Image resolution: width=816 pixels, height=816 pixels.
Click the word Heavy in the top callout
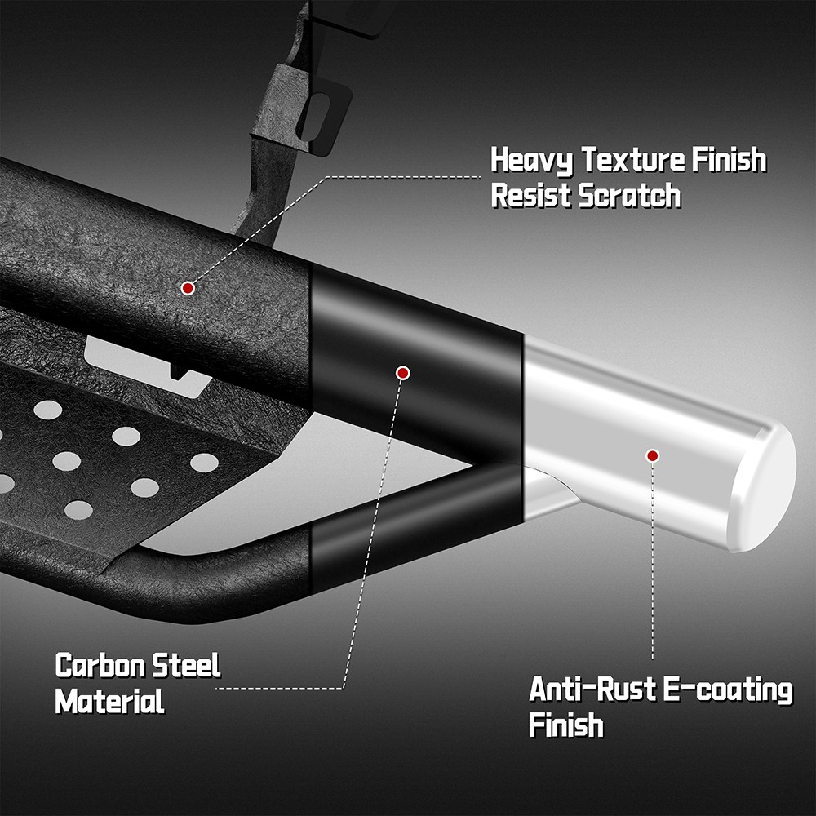coord(531,160)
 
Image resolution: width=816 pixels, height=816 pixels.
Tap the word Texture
coord(633,159)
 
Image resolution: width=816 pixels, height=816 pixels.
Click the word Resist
coord(531,196)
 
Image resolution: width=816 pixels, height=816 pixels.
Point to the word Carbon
coord(100,666)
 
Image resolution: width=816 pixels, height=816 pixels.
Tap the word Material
coord(110,701)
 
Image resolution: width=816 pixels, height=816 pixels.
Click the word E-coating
coord(728,690)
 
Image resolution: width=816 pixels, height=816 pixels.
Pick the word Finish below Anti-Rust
coord(566,725)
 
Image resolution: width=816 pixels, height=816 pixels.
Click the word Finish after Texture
coord(729,159)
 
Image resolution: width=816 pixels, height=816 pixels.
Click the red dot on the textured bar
coord(188,288)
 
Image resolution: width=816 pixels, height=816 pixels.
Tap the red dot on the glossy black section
coord(403,373)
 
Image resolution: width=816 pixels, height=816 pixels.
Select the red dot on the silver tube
coord(653,456)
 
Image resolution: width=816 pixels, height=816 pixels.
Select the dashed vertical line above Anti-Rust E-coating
coord(653,561)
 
